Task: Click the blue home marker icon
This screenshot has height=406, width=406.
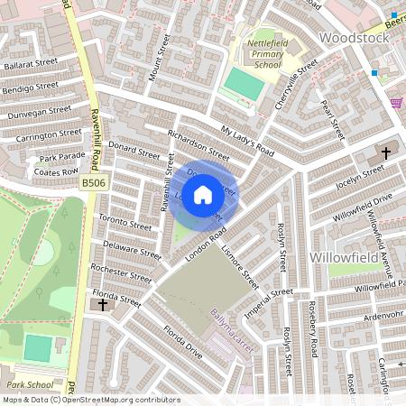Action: [203, 194]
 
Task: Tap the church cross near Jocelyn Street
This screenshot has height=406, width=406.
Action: [386, 153]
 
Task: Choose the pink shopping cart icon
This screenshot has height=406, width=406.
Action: [396, 102]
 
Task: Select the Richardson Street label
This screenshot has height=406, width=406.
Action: [198, 143]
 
